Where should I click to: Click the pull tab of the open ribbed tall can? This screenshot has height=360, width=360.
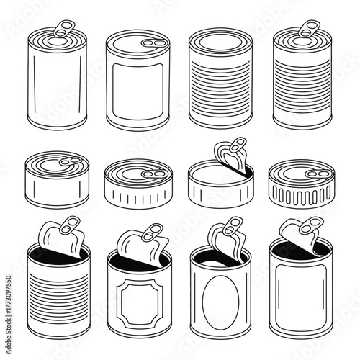click(x=69, y=224)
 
